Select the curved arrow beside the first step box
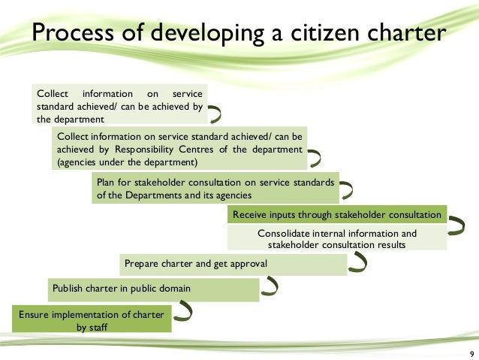[215, 114]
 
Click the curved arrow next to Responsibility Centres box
[315, 158]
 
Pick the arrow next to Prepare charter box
[359, 262]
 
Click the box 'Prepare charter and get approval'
[233, 264]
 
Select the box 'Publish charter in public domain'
[153, 289]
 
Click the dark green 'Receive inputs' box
[336, 215]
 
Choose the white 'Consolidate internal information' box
[336, 238]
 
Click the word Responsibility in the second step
[131, 150]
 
